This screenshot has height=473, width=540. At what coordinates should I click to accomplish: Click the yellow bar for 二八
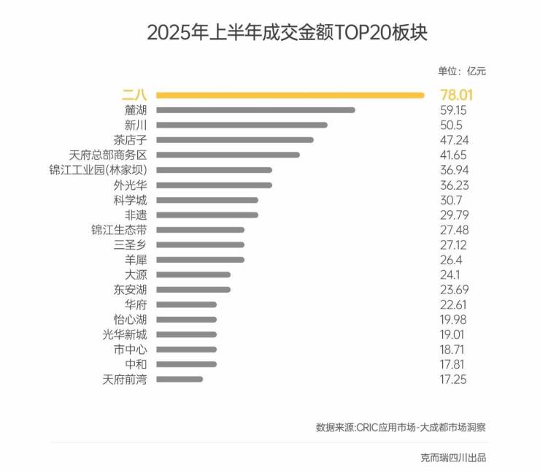click(x=290, y=94)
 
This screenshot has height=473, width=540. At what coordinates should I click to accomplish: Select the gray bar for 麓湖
click(x=255, y=110)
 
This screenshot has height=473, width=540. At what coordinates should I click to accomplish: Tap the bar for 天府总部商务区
click(x=228, y=155)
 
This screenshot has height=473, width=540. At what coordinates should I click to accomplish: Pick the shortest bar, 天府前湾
click(x=180, y=379)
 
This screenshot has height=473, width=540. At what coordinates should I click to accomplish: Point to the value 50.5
click(x=452, y=125)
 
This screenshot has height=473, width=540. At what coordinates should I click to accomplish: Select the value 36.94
click(x=454, y=170)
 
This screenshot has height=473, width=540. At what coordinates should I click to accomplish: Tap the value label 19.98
click(x=454, y=320)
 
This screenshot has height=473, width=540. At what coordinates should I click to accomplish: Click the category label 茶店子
click(x=130, y=140)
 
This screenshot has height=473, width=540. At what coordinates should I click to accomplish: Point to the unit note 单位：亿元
click(x=461, y=71)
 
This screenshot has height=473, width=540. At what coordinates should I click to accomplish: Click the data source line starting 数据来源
click(x=400, y=427)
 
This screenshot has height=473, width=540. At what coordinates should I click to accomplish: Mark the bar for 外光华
click(x=214, y=185)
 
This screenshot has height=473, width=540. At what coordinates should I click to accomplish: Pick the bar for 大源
click(x=193, y=274)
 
